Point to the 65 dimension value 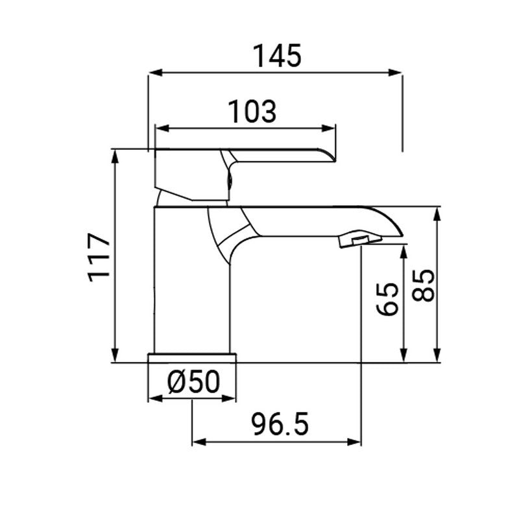pyautogui.click(x=387, y=298)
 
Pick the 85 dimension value pyautogui.click(x=422, y=285)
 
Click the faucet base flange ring pyautogui.click(x=192, y=358)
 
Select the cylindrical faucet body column pyautogui.click(x=192, y=279)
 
